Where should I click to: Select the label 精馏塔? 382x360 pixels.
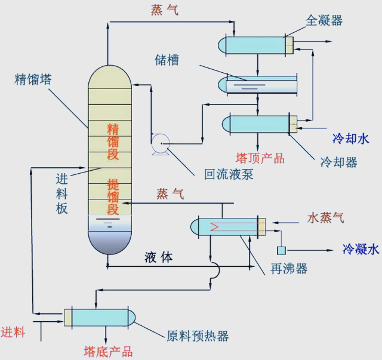(33, 79)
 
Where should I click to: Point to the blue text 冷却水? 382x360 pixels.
(351, 139)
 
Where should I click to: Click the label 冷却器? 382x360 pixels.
(338, 162)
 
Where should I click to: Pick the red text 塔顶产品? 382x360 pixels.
(260, 158)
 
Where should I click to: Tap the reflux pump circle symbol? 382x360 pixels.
(161, 143)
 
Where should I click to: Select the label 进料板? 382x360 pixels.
(61, 193)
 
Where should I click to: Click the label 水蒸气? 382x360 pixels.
(325, 217)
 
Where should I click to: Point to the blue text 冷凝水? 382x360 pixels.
(360, 249)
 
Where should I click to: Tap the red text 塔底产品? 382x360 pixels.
(108, 352)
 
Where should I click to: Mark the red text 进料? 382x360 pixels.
(13, 333)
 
